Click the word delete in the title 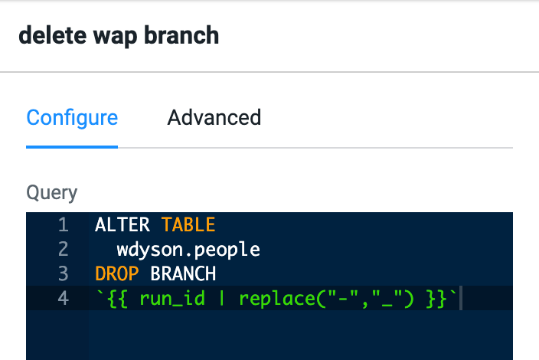pyautogui.click(x=53, y=35)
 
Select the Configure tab pyautogui.click(x=72, y=118)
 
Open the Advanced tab pyautogui.click(x=214, y=117)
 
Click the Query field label pyautogui.click(x=52, y=192)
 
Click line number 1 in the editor pyautogui.click(x=64, y=225)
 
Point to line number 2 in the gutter pyautogui.click(x=64, y=249)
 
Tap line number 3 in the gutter pyautogui.click(x=64, y=273)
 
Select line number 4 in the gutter pyautogui.click(x=64, y=298)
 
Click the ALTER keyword pyautogui.click(x=122, y=225)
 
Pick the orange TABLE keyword pyautogui.click(x=188, y=225)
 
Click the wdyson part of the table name pyautogui.click(x=150, y=250)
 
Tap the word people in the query pyautogui.click(x=227, y=250)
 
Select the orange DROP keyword pyautogui.click(x=117, y=273)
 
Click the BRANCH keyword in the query pyautogui.click(x=183, y=273)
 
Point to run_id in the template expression pyautogui.click(x=172, y=298)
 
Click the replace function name pyautogui.click(x=277, y=299)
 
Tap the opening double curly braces pyautogui.click(x=118, y=299)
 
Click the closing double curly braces pyautogui.click(x=436, y=299)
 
